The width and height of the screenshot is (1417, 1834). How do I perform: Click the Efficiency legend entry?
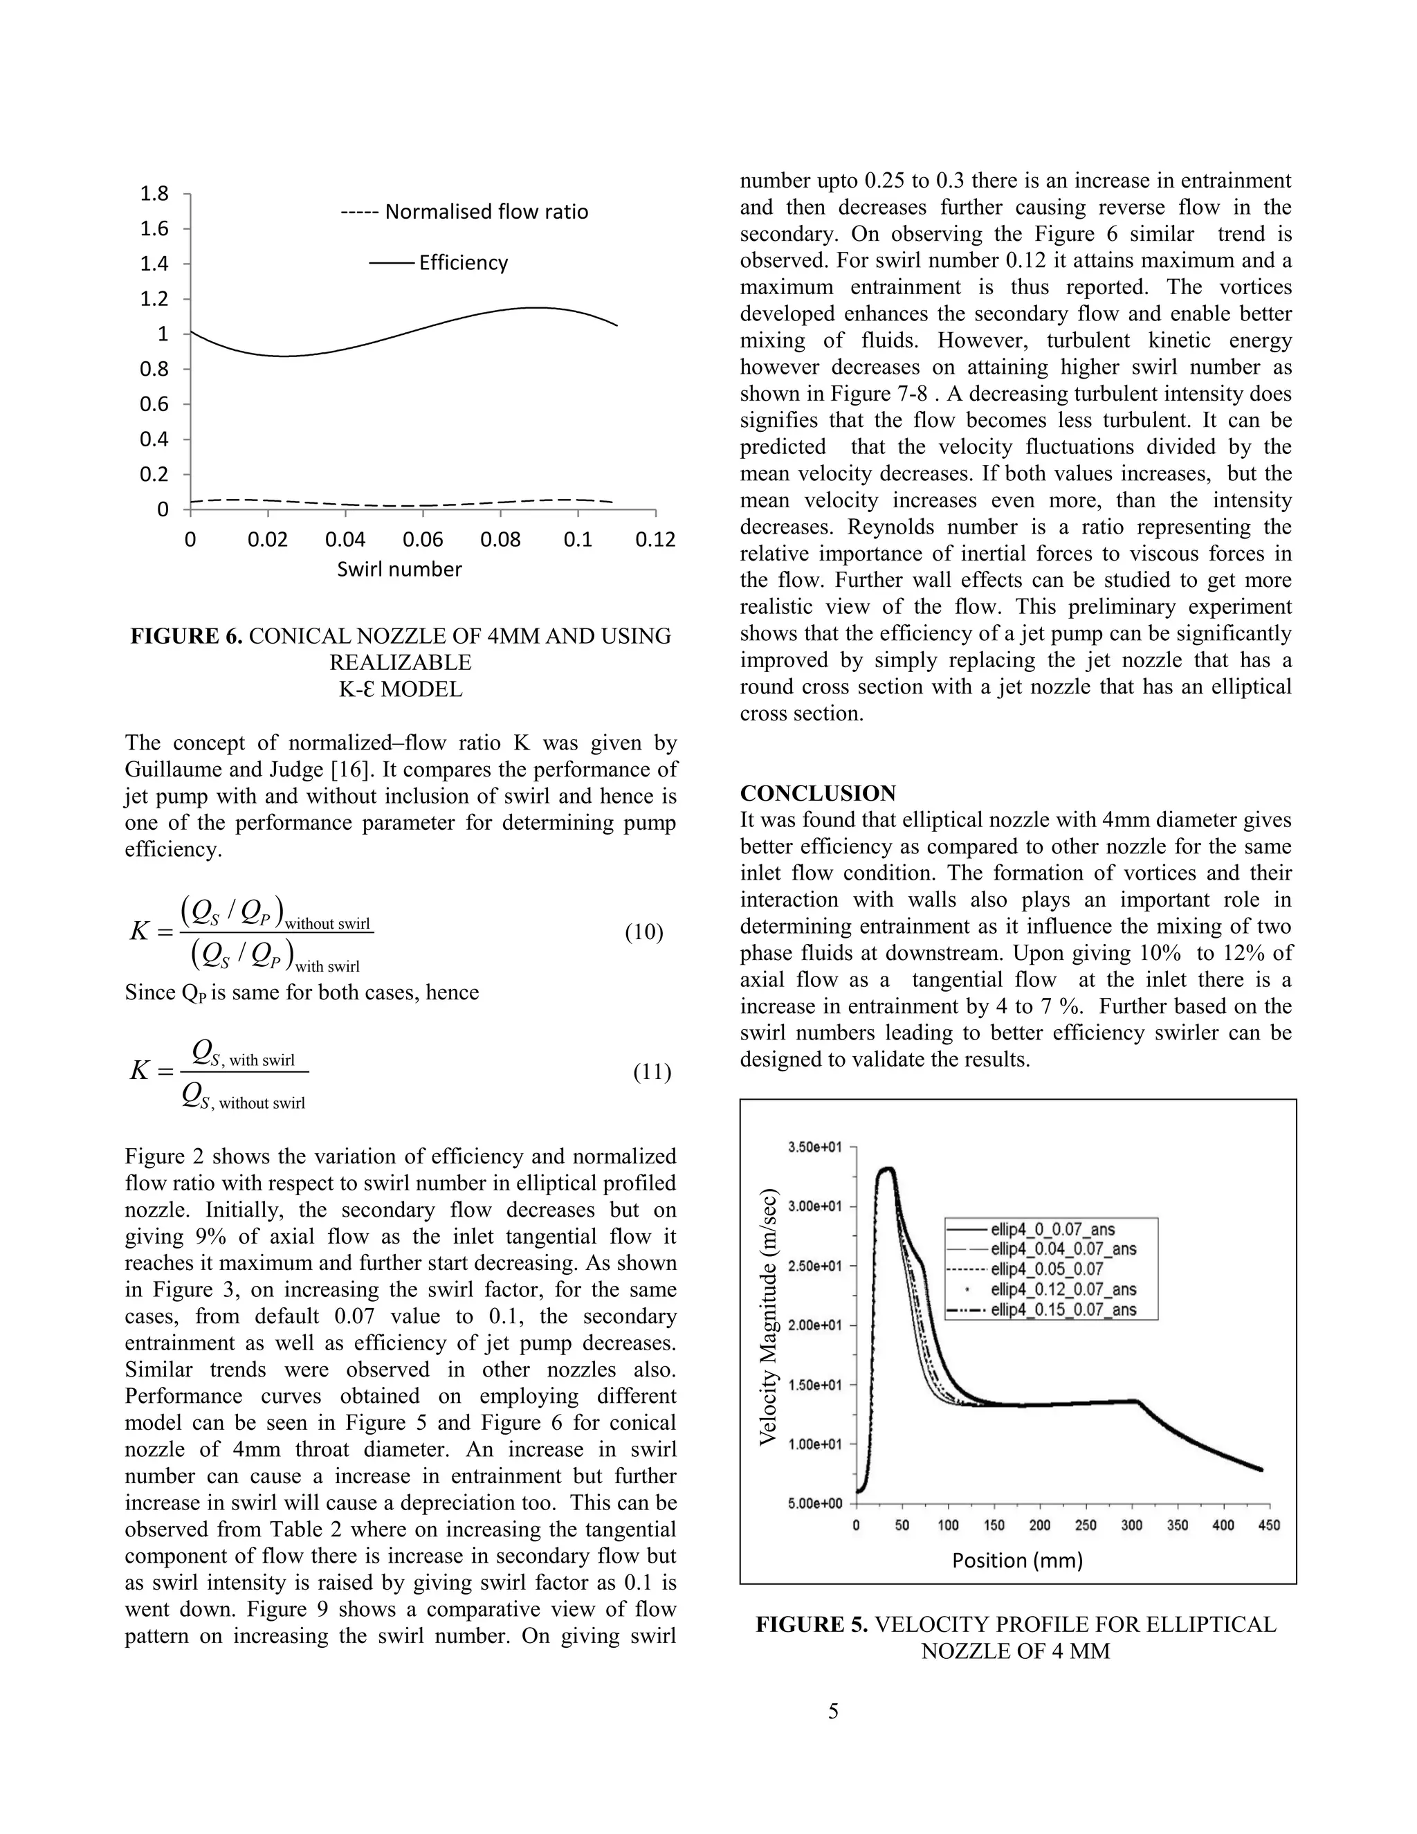point(463,263)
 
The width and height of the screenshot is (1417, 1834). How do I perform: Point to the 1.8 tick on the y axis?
point(154,194)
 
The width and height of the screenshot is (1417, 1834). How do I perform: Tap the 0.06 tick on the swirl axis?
point(423,540)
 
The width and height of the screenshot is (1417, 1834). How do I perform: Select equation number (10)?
point(644,933)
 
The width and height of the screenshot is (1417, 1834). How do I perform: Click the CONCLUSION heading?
point(818,794)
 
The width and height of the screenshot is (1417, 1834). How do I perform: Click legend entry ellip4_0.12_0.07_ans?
point(1063,1289)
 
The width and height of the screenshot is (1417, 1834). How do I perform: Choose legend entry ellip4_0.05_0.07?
point(1046,1269)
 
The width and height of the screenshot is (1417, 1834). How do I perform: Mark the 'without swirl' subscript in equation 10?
point(327,925)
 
